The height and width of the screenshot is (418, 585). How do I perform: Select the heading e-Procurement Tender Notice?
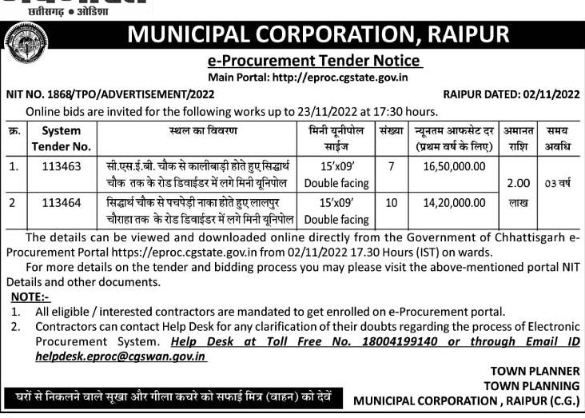coord(314,61)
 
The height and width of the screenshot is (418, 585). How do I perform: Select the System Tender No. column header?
coord(62,137)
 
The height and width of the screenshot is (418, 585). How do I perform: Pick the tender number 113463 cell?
coord(62,165)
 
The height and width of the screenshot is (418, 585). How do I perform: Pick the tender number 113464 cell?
coord(62,204)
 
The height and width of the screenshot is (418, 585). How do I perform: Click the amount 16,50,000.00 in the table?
coord(453,165)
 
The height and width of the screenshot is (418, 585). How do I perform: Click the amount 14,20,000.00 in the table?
coord(453,204)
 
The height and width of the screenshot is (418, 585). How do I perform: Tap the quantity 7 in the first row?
coord(391,165)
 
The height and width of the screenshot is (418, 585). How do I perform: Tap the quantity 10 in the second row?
coord(391,204)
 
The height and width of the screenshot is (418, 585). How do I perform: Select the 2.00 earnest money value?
coord(513,184)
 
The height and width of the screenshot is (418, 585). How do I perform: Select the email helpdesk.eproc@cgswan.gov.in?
coord(121,356)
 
